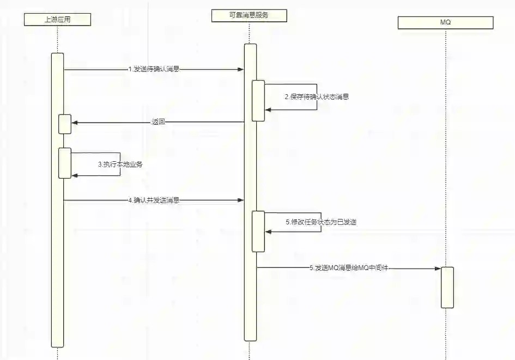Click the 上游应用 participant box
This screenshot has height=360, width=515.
[x=57, y=20]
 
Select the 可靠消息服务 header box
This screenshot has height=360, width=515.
[x=249, y=16]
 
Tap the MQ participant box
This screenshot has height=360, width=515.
[x=445, y=22]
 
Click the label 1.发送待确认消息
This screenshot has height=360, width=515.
[x=154, y=69]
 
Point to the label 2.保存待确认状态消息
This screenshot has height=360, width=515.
[x=317, y=97]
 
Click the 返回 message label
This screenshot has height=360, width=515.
[x=158, y=123]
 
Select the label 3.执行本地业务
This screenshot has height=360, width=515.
[x=120, y=164]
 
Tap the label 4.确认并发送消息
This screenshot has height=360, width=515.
[x=154, y=200]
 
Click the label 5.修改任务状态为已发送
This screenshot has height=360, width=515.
[x=321, y=222]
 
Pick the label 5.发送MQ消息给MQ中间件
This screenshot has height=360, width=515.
[x=349, y=268]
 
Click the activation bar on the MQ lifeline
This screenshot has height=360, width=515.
[x=447, y=288]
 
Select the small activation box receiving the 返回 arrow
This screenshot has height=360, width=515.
[x=65, y=124]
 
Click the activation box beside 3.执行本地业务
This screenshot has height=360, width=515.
[x=65, y=163]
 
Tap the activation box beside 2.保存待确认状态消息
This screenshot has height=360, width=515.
[x=258, y=101]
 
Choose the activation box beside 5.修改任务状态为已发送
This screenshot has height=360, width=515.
[x=258, y=231]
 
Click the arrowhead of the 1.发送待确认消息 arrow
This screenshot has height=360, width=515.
[x=241, y=70]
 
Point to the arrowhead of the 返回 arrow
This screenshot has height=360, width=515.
[x=75, y=123]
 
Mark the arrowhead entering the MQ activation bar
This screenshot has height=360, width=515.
[x=438, y=269]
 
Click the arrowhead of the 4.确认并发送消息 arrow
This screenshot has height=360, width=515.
[x=241, y=200]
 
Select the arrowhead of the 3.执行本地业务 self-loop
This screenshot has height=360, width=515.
[x=75, y=175]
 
